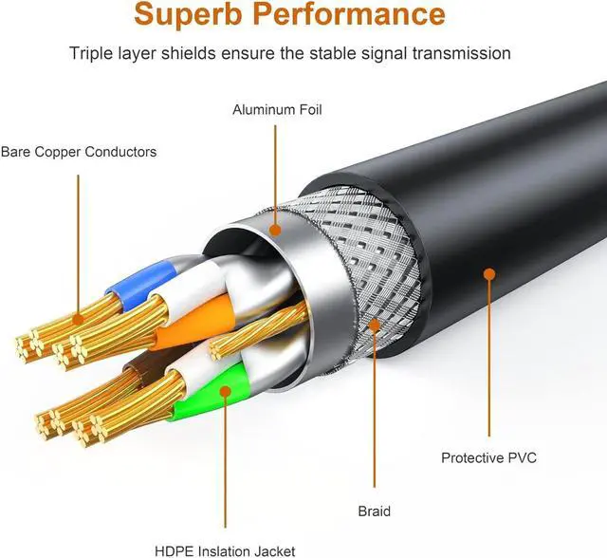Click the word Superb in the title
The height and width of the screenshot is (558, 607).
[x=185, y=15]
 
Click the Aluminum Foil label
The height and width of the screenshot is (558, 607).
[x=277, y=110]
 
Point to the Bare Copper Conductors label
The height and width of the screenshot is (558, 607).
[x=79, y=152]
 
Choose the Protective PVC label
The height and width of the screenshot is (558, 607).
[x=488, y=458]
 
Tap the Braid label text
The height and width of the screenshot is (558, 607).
[x=375, y=512]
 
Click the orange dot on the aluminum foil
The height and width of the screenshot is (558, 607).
[x=276, y=229]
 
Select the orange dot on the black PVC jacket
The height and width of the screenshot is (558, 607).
[x=489, y=274]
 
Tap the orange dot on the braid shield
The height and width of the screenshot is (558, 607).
[x=375, y=325]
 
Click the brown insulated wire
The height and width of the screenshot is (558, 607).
[x=152, y=364]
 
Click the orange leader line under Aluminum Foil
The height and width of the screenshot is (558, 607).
[x=276, y=171]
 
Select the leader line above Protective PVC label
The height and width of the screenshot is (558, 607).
[x=489, y=361]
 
